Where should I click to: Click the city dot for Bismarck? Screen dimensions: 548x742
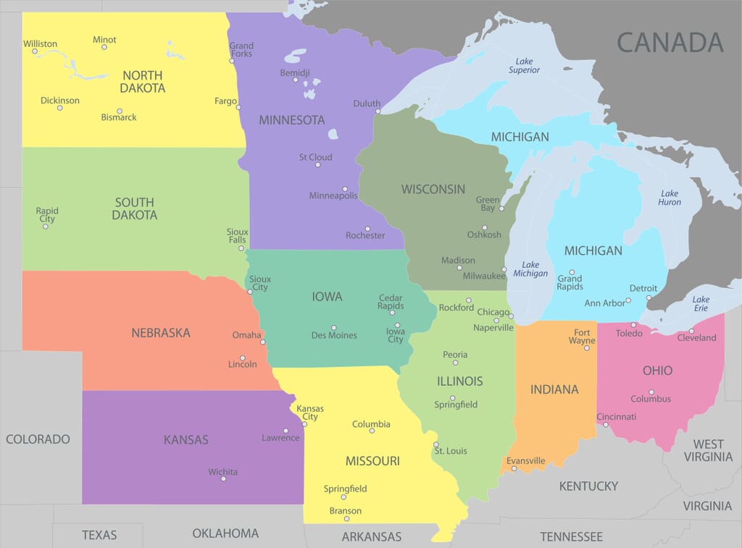(120, 111)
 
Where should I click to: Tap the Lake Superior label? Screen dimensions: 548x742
(524, 66)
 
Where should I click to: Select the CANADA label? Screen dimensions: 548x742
(670, 42)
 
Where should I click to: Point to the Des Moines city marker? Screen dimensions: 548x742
(333, 327)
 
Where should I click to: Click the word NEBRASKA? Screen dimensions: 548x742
(161, 333)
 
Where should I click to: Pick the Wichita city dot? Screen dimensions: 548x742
(223, 479)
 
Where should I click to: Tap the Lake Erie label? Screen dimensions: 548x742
(701, 304)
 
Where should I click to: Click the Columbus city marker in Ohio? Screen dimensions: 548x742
(651, 392)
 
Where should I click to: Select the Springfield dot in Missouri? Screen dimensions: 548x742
(345, 497)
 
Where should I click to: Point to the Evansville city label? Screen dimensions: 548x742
(526, 460)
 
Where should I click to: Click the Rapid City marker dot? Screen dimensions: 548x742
(45, 226)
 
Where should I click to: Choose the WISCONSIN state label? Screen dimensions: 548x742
(433, 189)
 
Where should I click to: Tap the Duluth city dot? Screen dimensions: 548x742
(378, 111)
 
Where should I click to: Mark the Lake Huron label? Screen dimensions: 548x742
(670, 198)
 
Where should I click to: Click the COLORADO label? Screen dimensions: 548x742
(38, 439)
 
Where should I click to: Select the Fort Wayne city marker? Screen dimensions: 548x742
(585, 348)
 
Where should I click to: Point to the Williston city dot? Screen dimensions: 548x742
(35, 51)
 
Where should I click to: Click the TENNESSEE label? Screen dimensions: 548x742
(571, 536)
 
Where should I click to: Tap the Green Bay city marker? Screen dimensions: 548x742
(501, 208)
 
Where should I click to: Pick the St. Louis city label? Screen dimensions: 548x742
(451, 451)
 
